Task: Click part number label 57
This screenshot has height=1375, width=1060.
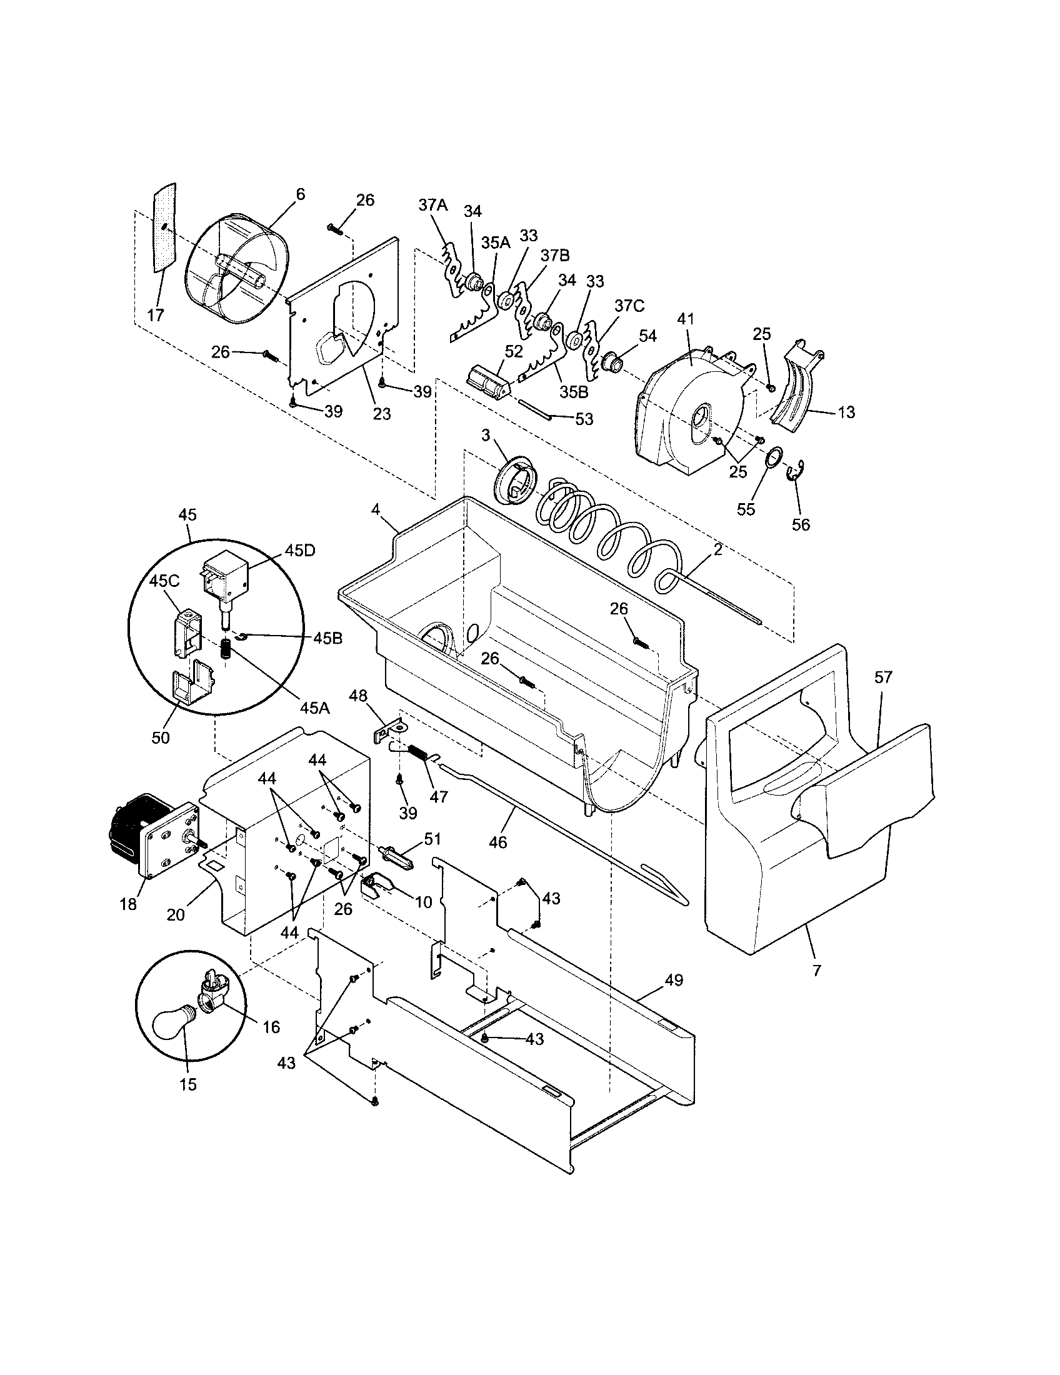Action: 883,677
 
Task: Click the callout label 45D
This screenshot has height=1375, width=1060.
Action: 299,549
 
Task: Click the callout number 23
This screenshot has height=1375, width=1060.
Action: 381,414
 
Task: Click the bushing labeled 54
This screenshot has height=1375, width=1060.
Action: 612,363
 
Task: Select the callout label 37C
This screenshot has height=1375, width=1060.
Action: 629,306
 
